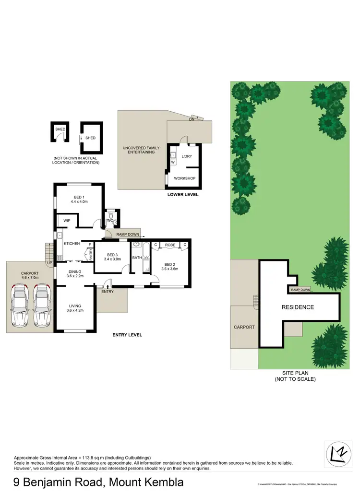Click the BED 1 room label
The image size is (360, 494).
point(79,197)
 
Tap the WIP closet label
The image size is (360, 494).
point(67,221)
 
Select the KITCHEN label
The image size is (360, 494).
point(72,244)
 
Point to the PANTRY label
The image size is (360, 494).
point(90,254)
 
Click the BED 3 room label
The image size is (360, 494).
point(111,255)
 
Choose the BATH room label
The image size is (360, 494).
point(137,258)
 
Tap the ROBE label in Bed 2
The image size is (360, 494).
point(169,245)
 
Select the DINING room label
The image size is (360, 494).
point(74,271)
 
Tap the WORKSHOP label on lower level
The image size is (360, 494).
point(184,178)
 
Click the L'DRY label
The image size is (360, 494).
point(187,156)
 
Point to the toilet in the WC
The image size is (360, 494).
point(110,216)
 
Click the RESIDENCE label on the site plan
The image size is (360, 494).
point(298,307)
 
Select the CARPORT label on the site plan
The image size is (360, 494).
point(244,327)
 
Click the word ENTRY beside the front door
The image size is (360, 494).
point(108,291)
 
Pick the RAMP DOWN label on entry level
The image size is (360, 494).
point(128,235)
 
